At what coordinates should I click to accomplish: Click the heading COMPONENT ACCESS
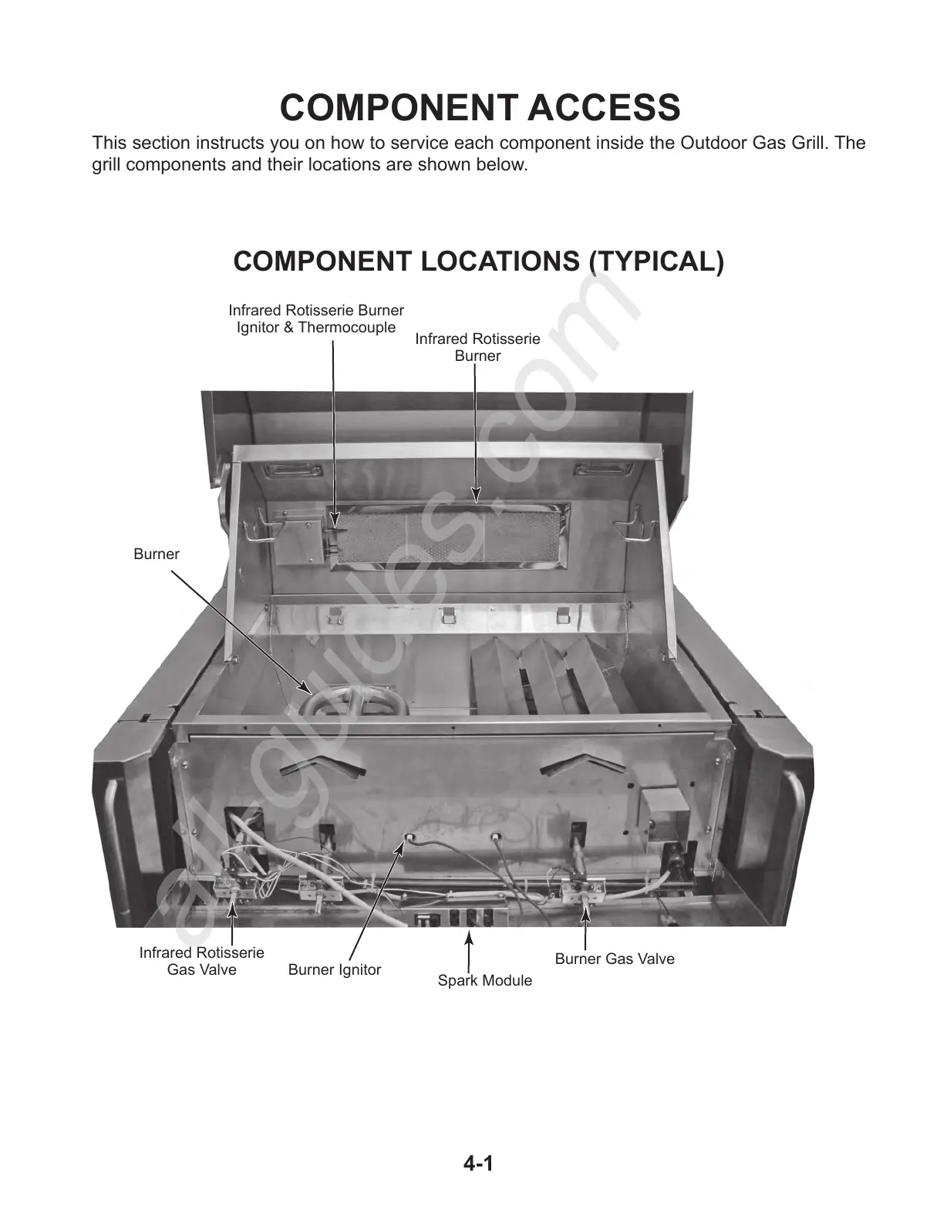(479, 107)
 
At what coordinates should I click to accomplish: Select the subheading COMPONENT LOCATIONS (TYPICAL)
(478, 261)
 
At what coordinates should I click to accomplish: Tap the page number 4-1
(478, 1163)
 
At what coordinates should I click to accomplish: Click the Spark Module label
(484, 980)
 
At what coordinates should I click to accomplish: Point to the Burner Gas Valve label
(614, 959)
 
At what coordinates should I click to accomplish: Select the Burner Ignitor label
(334, 969)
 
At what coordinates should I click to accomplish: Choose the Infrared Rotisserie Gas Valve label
(201, 961)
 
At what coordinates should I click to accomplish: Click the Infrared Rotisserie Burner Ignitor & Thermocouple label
(315, 318)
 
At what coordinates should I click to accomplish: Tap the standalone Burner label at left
(156, 554)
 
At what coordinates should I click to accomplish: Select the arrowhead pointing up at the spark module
(468, 937)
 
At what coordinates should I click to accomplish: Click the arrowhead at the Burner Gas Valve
(585, 914)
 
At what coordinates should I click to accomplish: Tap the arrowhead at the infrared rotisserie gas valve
(231, 908)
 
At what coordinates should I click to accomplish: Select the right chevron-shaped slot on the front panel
(580, 764)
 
